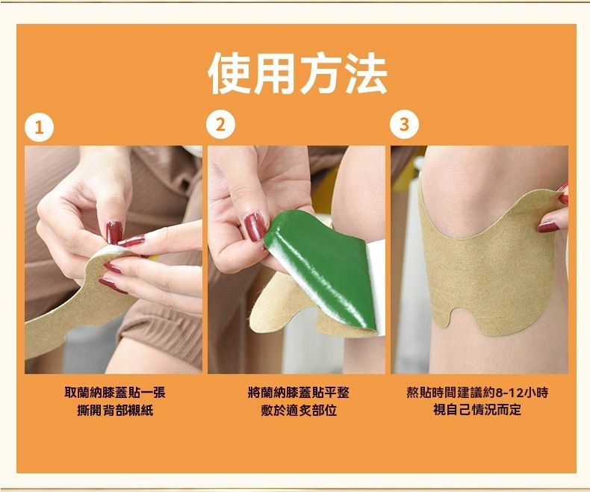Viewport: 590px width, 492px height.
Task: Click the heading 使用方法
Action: point(297,73)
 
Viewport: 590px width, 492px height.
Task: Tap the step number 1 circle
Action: point(39,128)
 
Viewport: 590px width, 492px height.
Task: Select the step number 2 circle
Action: point(221,125)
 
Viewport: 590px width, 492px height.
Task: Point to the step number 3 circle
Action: point(405,125)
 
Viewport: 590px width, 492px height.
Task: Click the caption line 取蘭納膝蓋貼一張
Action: point(115,393)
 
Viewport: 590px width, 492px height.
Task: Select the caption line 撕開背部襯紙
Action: point(115,410)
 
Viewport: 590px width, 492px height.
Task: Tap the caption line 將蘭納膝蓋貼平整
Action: point(299,393)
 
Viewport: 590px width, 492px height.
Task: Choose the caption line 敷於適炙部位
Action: point(299,410)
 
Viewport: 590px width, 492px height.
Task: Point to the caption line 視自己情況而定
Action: point(477,410)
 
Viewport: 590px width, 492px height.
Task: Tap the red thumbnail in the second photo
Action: point(255,226)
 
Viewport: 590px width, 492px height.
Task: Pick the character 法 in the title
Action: point(366,73)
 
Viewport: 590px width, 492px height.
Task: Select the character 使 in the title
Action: point(229,73)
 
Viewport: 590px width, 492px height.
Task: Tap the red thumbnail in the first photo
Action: point(114,233)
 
